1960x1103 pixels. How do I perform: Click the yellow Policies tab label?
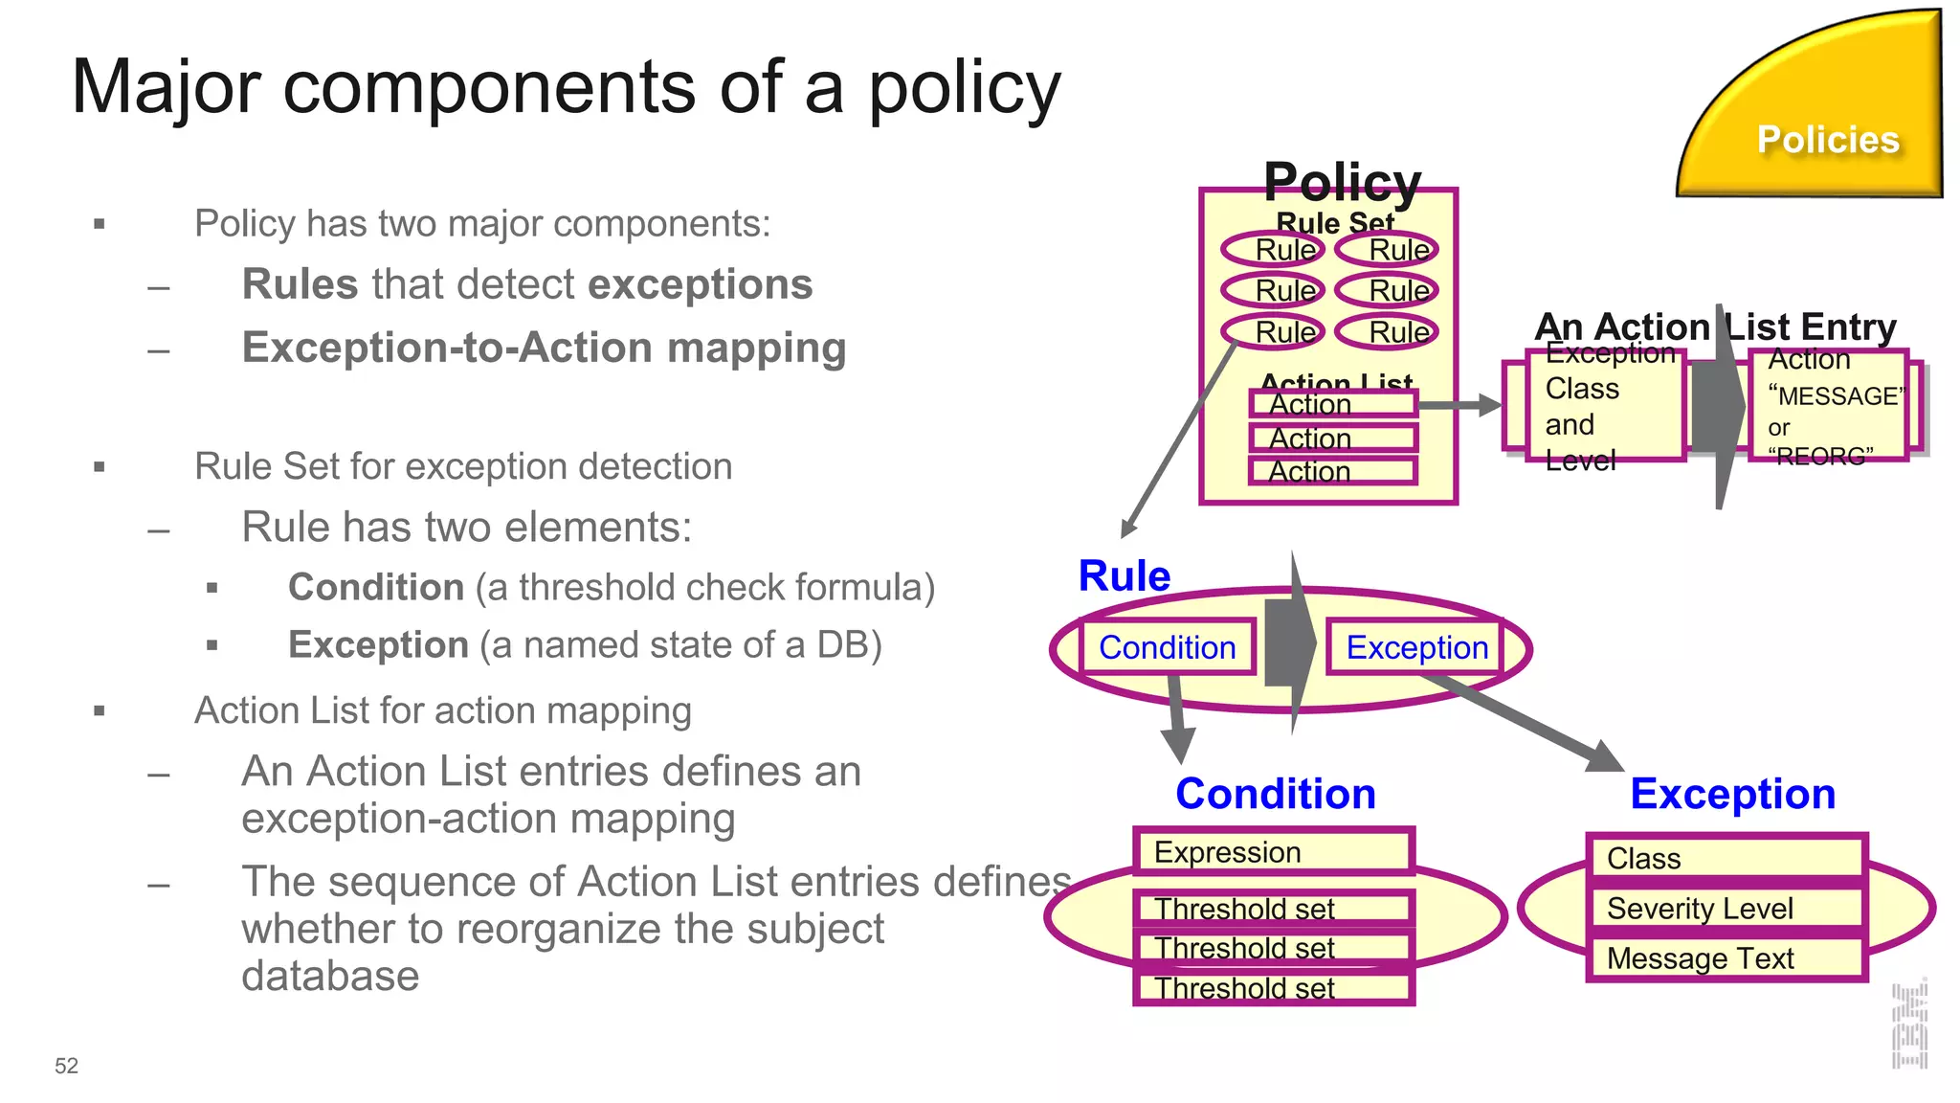(x=1827, y=140)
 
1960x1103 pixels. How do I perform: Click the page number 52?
(x=66, y=1066)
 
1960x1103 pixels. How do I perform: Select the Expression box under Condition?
(x=1273, y=851)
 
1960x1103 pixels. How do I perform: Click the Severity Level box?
(x=1726, y=908)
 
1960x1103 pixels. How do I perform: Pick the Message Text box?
(x=1726, y=958)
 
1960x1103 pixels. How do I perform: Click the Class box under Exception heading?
(x=1726, y=858)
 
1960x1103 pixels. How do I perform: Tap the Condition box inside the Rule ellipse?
(x=1167, y=647)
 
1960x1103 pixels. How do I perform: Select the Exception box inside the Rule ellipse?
(x=1415, y=647)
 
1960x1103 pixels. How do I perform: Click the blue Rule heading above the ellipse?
(x=1124, y=576)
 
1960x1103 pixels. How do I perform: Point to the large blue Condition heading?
(x=1275, y=794)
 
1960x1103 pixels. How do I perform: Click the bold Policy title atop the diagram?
(x=1342, y=181)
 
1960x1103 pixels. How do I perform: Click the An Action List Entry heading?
(x=1714, y=326)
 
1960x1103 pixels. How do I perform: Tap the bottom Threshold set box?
(x=1273, y=988)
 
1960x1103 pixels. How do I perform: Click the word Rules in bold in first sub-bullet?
(x=300, y=284)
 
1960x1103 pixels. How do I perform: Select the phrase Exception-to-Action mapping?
(x=544, y=348)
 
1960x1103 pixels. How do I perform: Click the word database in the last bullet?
(x=330, y=976)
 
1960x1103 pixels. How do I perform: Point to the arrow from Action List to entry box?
(x=1459, y=405)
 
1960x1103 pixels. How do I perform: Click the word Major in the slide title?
(x=166, y=87)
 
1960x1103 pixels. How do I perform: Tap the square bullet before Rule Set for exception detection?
(x=100, y=467)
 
